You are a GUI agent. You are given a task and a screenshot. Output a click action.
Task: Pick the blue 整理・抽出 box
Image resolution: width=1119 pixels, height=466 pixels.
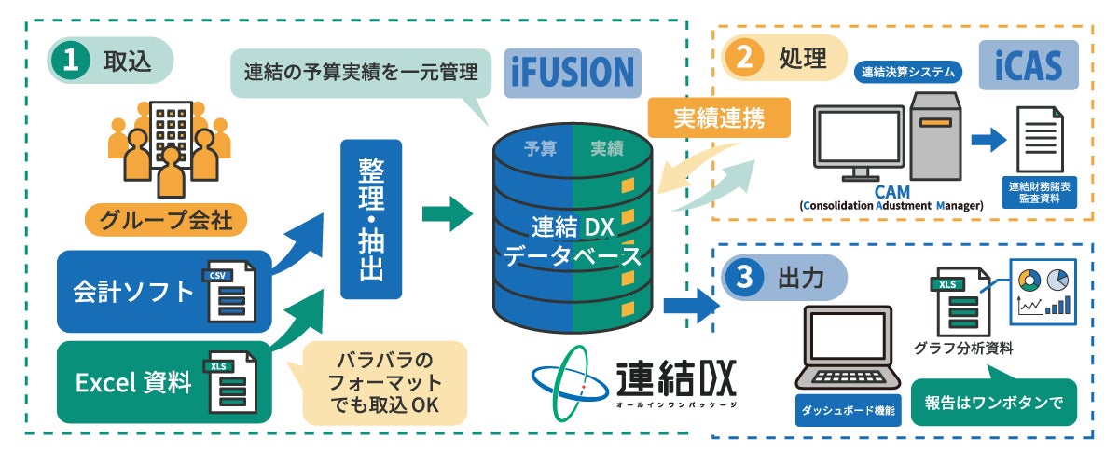[371, 219]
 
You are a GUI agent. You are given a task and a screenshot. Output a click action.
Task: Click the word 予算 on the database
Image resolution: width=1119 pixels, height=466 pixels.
[540, 147]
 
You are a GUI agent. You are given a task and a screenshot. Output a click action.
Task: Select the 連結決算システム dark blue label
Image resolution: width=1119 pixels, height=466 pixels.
[906, 71]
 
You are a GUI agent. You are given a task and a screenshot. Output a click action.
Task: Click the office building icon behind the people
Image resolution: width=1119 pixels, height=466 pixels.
[171, 130]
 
